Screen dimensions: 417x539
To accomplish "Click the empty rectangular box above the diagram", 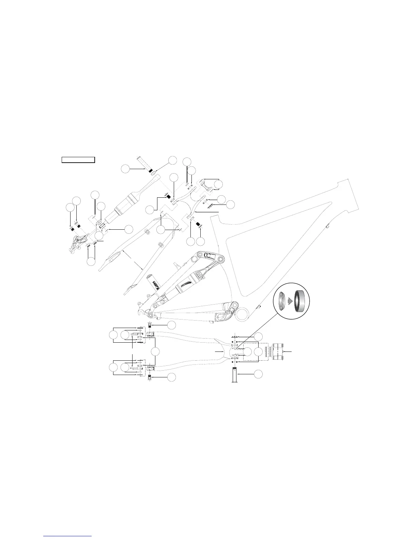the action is (78, 160).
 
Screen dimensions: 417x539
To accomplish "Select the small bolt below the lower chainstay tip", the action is (150, 377).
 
